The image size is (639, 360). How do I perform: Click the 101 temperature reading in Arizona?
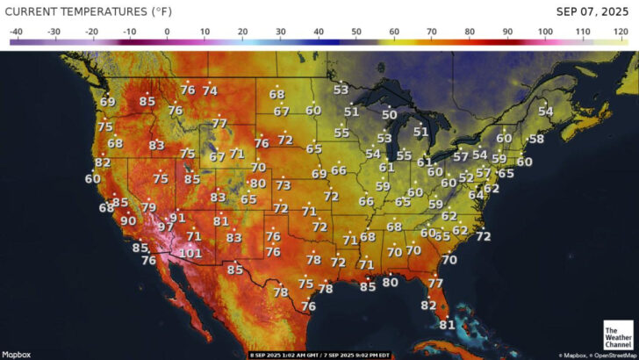click(x=190, y=253)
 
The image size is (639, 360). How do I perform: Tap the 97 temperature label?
click(x=166, y=227)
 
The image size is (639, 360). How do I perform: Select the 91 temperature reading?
click(x=178, y=218)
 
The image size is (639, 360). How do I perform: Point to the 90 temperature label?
click(x=128, y=220)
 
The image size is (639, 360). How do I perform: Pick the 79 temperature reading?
click(x=148, y=208)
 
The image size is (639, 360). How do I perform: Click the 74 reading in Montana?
click(x=210, y=90)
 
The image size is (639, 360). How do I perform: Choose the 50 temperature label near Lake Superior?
click(x=389, y=115)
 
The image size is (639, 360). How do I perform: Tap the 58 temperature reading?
click(x=536, y=139)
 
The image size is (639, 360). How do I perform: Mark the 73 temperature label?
click(x=283, y=185)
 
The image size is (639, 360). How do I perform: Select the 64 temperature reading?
click(x=476, y=195)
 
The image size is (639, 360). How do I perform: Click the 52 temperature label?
click(x=466, y=177)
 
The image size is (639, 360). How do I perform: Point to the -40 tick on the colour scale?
click(x=16, y=32)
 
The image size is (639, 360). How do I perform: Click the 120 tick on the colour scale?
click(x=621, y=32)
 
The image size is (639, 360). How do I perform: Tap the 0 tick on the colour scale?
click(x=167, y=32)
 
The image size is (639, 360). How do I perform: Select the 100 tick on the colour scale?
click(x=545, y=32)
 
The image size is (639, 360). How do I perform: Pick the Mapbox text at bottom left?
click(x=16, y=355)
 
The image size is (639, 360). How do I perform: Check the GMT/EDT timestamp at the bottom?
click(x=319, y=355)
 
